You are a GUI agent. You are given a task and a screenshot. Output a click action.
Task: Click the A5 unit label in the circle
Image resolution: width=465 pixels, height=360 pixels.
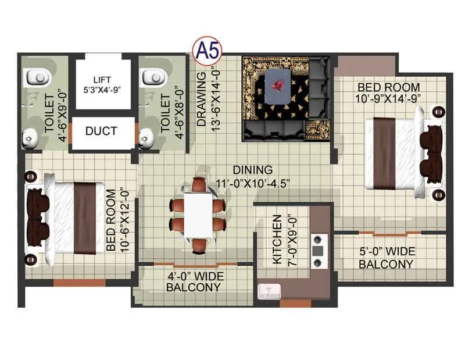pos(208,51)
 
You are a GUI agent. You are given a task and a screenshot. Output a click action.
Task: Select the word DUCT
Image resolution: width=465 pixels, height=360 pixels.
pos(101,131)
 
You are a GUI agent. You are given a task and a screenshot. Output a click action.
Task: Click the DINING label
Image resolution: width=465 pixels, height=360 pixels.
pos(252,170)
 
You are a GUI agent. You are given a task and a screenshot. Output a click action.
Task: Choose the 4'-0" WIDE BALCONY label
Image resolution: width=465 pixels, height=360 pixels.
pos(194,281)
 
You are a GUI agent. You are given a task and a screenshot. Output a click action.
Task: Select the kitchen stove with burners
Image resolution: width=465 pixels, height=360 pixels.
pos(317,250)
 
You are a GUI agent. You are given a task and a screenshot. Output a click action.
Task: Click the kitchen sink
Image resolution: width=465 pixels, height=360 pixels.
pos(269,291)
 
